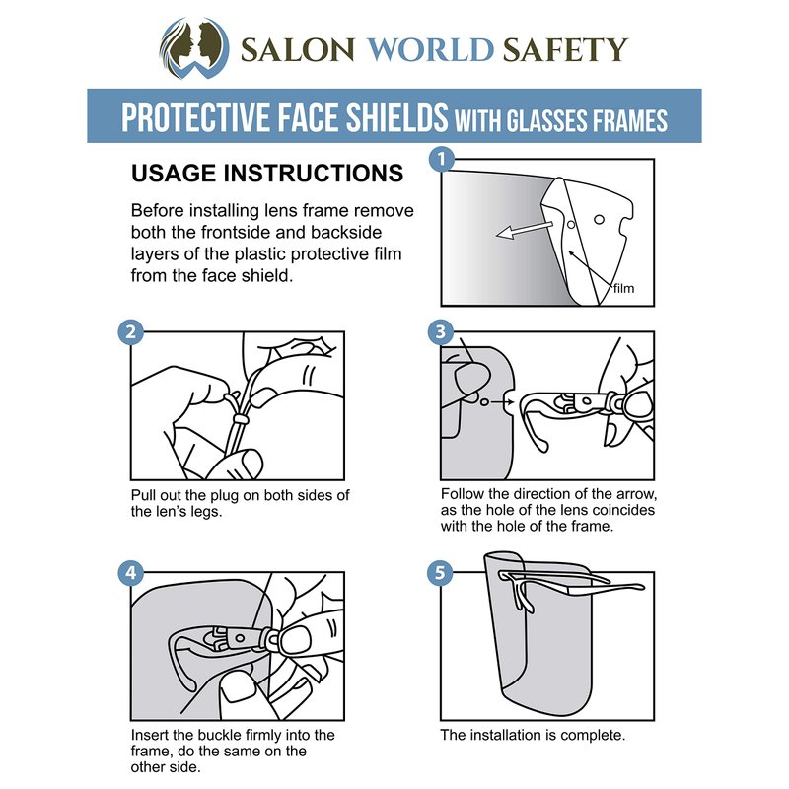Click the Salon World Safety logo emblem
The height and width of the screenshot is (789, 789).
194,48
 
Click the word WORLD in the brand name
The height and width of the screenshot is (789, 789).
430,50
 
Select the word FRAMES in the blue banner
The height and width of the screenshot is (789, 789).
629,120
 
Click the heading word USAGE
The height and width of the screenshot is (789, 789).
174,174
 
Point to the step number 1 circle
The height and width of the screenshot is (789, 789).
441,160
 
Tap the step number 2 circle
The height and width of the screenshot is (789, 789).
131,332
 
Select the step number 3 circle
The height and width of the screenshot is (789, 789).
441,332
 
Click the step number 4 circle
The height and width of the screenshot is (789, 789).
131,573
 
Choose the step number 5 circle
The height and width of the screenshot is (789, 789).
440,573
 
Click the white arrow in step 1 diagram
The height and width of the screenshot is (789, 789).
525,230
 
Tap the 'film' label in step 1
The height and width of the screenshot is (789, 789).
623,288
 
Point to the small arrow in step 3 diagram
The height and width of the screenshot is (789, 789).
503,402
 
